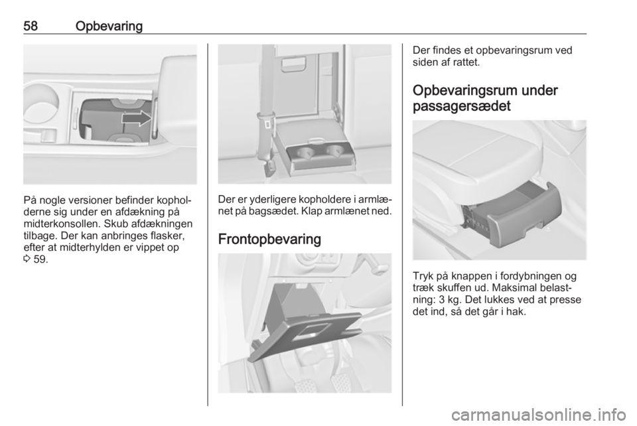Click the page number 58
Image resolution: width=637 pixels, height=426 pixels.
tap(31, 26)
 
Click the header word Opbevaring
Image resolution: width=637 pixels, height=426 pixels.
tap(109, 27)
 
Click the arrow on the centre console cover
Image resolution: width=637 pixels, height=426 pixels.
tap(137, 118)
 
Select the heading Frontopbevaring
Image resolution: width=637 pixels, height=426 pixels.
tap(269, 239)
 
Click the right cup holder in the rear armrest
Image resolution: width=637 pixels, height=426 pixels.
tap(334, 151)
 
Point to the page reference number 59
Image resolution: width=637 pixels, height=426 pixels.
tap(40, 259)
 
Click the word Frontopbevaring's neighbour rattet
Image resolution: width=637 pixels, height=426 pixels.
tap(466, 63)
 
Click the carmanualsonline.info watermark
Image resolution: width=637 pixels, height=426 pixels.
tap(539, 415)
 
